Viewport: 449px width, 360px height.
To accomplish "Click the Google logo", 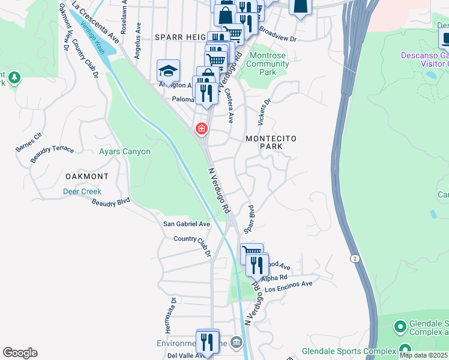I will (x=20, y=353).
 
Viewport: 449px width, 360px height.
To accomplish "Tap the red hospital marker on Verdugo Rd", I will (x=200, y=128).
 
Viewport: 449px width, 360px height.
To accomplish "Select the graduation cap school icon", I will (x=169, y=71).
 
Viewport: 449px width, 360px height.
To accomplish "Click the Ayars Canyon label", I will (x=124, y=152).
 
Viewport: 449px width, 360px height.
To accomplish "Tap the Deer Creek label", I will (x=82, y=191).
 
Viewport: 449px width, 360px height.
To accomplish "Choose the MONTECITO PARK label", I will (x=271, y=142).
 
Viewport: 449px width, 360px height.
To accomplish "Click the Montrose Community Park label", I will (x=268, y=64).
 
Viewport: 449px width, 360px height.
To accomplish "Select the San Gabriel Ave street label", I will (x=187, y=224).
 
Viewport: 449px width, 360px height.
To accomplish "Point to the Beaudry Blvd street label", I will (x=111, y=203).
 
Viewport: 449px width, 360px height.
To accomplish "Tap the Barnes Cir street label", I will (x=29, y=140).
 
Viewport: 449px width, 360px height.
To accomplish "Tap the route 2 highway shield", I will (x=355, y=258).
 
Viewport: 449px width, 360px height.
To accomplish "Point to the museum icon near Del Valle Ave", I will (x=237, y=343).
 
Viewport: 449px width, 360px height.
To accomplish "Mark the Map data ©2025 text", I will (x=423, y=355).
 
